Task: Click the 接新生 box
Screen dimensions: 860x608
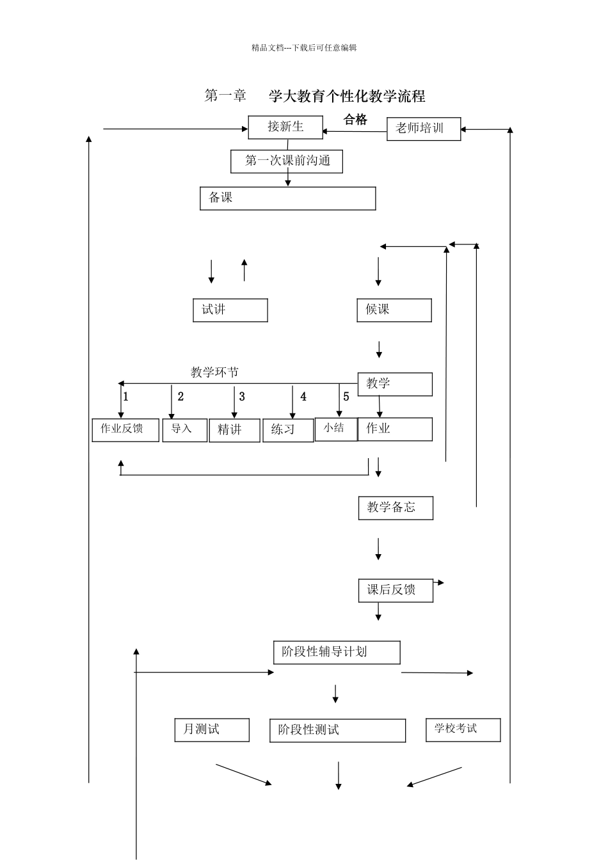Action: pos(285,127)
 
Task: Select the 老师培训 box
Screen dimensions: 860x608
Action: pos(424,129)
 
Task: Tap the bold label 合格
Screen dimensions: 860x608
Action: pos(355,119)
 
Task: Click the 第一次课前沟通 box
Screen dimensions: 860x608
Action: pos(287,161)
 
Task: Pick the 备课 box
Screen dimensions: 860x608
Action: pos(287,198)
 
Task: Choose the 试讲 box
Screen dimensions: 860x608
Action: pos(230,310)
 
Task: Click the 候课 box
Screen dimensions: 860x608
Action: pos(394,310)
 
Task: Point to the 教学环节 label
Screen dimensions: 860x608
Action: pos(214,372)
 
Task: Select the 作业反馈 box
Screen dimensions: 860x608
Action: pos(125,429)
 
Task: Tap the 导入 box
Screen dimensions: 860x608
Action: pos(184,429)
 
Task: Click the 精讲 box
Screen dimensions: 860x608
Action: pos(234,430)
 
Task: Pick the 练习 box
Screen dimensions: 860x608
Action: pos(288,430)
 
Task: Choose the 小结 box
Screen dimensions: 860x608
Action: pos(335,429)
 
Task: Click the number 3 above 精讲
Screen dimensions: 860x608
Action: pos(242,397)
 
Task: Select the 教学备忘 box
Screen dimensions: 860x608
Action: pos(396,508)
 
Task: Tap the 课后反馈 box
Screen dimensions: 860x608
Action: pos(396,590)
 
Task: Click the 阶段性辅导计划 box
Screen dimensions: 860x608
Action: pos(337,653)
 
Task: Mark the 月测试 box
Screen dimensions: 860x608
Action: pos(212,729)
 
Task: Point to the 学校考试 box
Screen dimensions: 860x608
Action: pos(463,729)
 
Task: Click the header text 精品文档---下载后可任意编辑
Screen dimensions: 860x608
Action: pos(304,47)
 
